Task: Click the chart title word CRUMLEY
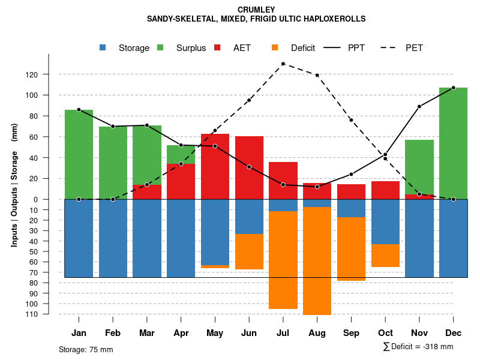click(x=256, y=10)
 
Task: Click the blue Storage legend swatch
click(x=103, y=47)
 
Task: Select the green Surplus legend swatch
click(x=161, y=47)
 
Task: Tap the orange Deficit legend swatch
click(x=275, y=47)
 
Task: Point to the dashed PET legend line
click(x=388, y=47)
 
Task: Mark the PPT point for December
click(x=453, y=88)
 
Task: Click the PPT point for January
click(x=79, y=110)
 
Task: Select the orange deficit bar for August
click(x=317, y=261)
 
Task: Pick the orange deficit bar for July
click(x=283, y=260)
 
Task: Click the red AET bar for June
click(x=249, y=167)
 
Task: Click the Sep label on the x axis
click(x=351, y=333)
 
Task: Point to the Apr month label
click(x=181, y=333)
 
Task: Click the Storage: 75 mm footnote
click(x=86, y=349)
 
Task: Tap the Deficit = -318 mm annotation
click(x=418, y=347)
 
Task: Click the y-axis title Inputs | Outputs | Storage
click(x=14, y=190)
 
